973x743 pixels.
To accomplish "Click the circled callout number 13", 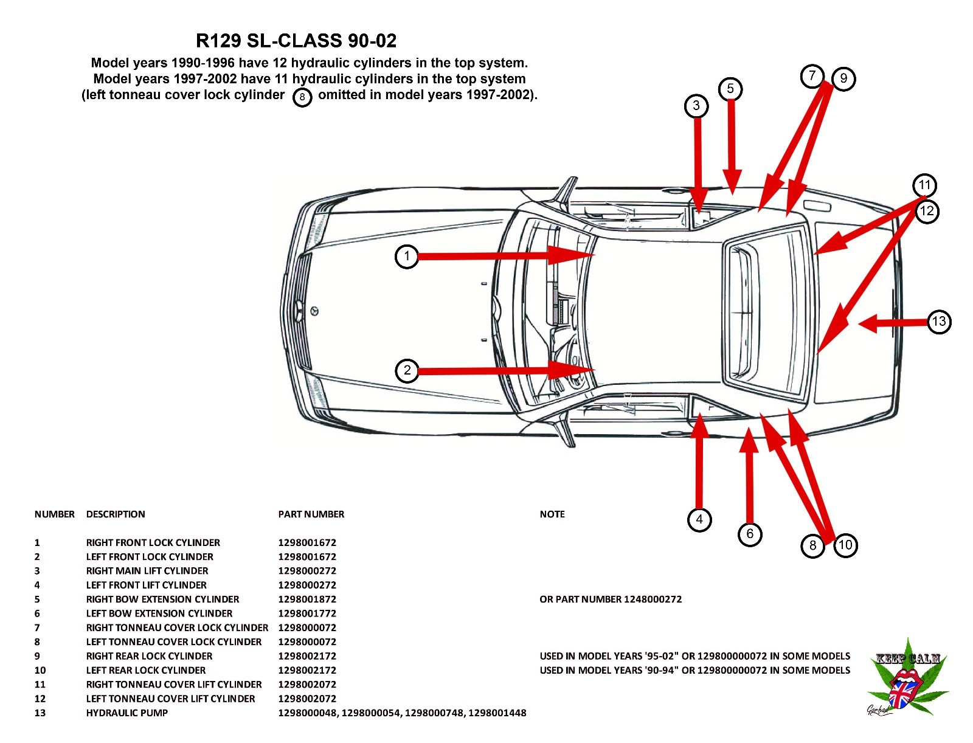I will pyautogui.click(x=939, y=322).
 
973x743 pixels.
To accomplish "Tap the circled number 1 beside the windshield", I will pyautogui.click(x=407, y=256).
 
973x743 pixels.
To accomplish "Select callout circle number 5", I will pyautogui.click(x=730, y=89).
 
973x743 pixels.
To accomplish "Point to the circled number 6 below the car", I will pyautogui.click(x=750, y=534).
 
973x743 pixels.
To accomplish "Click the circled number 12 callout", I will pyautogui.click(x=927, y=212).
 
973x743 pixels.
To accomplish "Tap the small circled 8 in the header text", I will pyautogui.click(x=302, y=97).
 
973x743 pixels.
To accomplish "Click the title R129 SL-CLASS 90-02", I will pyautogui.click(x=296, y=41).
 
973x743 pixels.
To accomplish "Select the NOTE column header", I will pyautogui.click(x=552, y=514).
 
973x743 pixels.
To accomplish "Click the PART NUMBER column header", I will pyautogui.click(x=311, y=514).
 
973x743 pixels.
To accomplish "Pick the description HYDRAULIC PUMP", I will pyautogui.click(x=126, y=713).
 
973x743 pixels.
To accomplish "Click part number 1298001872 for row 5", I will pyautogui.click(x=307, y=599).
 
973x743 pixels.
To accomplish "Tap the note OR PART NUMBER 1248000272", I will pyautogui.click(x=611, y=599).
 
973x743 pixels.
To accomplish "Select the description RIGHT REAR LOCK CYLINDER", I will pyautogui.click(x=149, y=656).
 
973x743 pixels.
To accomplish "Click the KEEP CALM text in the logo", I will pyautogui.click(x=908, y=658).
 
